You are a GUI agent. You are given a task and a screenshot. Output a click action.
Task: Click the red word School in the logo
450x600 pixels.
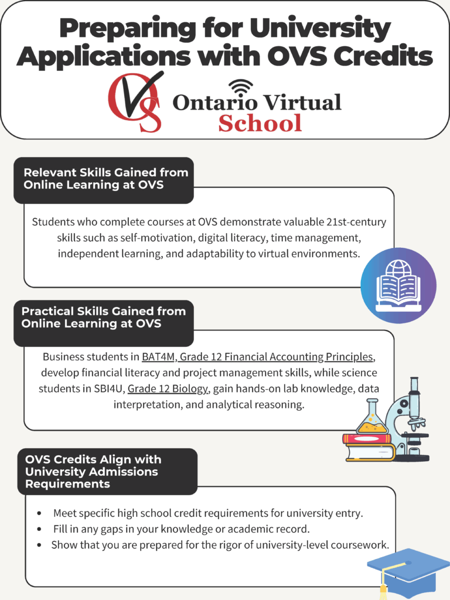(260, 124)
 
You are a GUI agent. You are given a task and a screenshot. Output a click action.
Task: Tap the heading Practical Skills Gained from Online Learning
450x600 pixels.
(103, 317)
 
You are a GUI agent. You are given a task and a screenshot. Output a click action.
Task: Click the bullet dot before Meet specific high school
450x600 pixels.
(39, 513)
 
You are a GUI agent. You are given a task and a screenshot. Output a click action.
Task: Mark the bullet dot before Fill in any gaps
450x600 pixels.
(39, 529)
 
